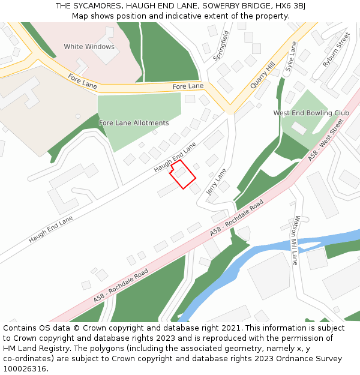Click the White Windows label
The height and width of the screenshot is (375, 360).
(x=89, y=46)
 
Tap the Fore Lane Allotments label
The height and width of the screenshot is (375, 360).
(x=134, y=123)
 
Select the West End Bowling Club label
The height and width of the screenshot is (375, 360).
(x=311, y=113)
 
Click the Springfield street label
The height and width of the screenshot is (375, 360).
(x=221, y=46)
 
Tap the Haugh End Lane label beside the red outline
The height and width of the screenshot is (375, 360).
(x=175, y=157)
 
